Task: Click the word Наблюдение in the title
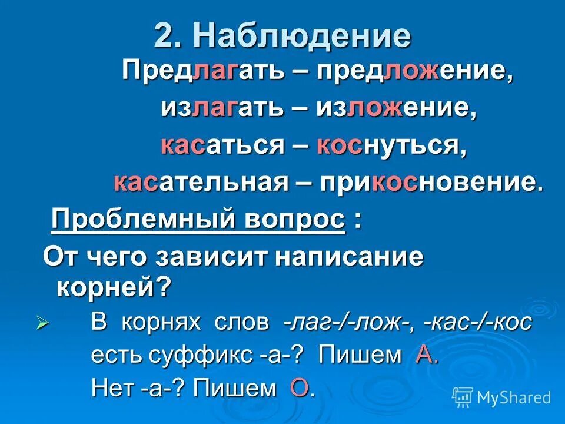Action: (302, 37)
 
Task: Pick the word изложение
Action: (395, 109)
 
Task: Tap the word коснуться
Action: (391, 145)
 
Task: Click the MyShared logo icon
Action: (463, 397)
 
